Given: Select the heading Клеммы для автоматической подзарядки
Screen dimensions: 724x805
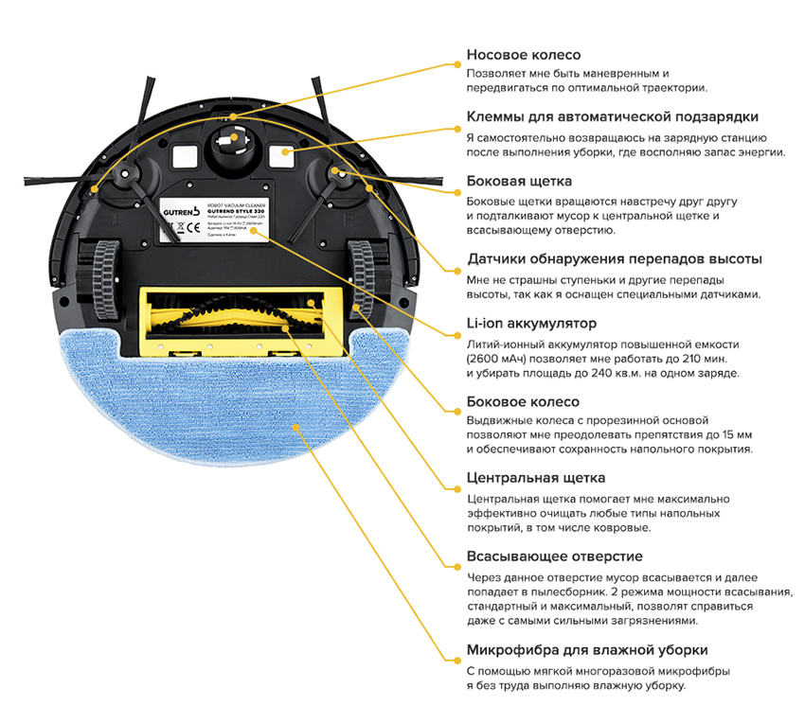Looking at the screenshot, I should (x=612, y=116).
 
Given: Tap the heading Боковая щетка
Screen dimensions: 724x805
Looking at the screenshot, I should (x=519, y=180).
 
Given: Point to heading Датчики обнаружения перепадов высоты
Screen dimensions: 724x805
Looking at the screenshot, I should (x=615, y=258).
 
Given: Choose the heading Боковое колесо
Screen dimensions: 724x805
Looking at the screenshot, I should (x=523, y=401).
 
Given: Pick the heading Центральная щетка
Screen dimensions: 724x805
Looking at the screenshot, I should (x=535, y=478).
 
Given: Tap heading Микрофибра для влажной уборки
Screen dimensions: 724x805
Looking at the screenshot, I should (x=587, y=650).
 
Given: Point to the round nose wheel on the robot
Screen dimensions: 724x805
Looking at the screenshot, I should (x=227, y=143).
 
